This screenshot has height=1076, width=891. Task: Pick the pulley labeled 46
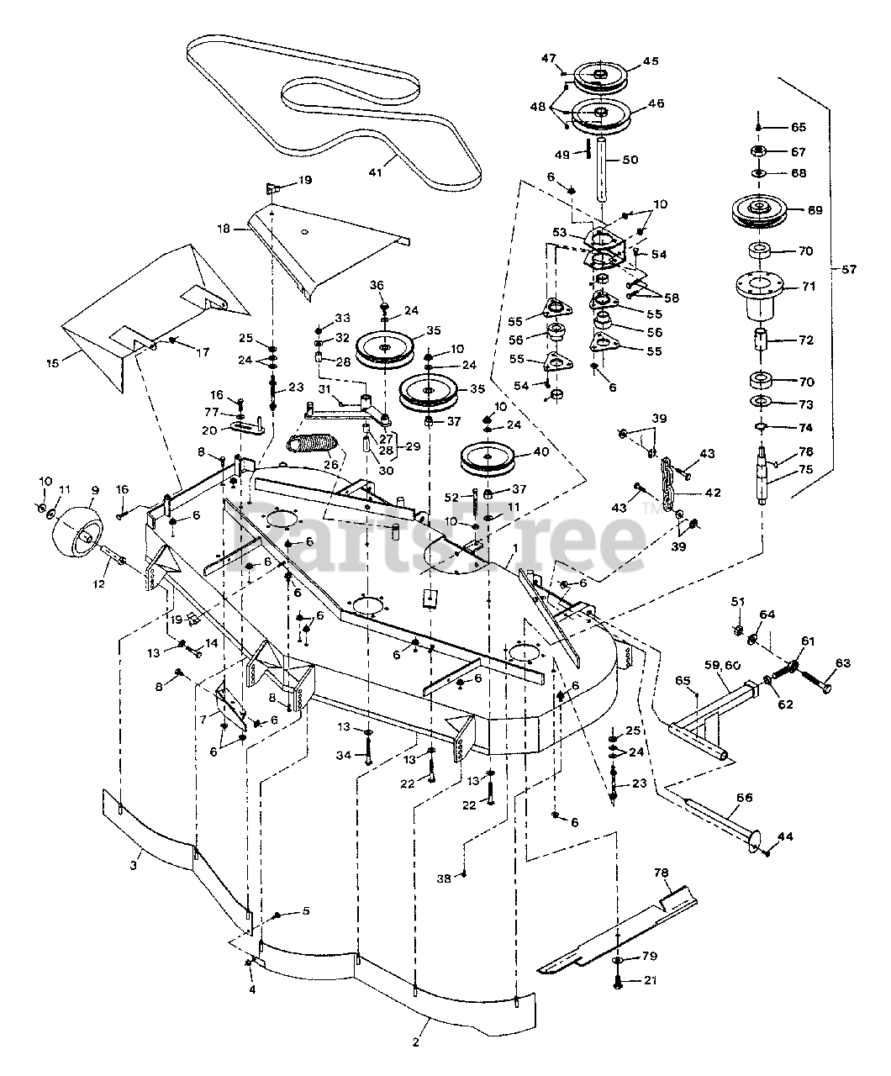601,114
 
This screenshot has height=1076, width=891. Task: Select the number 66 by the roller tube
745,796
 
